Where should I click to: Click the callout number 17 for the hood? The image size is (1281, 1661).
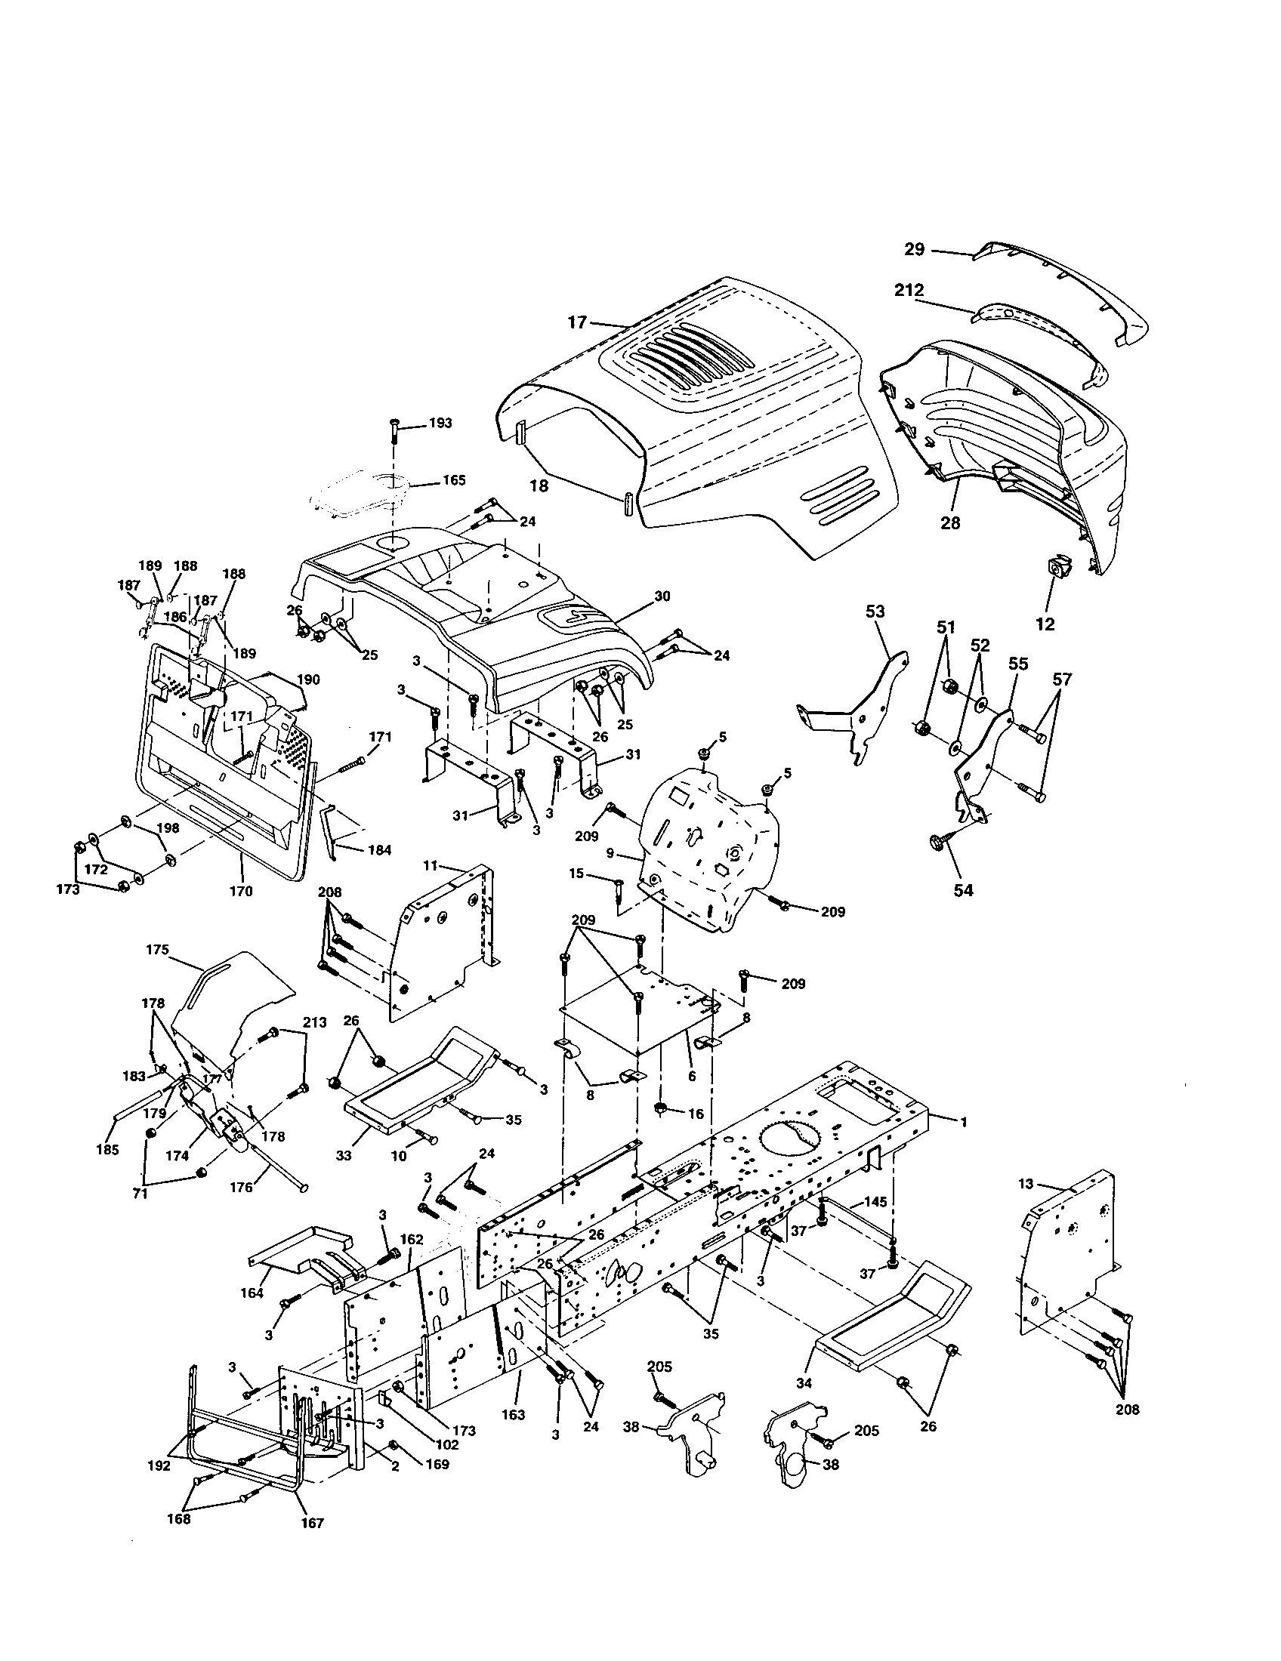[577, 322]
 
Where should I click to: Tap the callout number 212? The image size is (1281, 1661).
[909, 290]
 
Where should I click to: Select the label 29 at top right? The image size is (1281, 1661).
[914, 248]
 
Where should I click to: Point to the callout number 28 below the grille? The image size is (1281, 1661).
[950, 522]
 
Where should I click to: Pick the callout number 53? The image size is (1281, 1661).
[875, 611]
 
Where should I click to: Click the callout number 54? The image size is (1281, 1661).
[963, 890]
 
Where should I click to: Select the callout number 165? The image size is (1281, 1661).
[453, 481]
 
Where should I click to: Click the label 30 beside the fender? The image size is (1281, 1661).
[662, 596]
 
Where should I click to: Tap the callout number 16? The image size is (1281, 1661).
[696, 1114]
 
